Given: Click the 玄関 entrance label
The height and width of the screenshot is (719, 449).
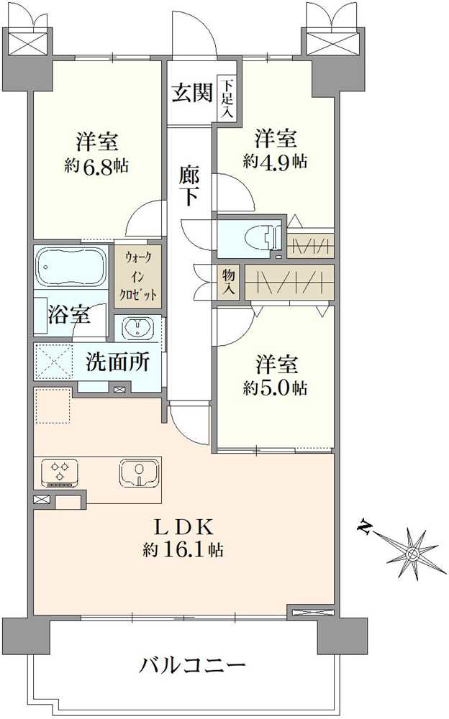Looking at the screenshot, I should (191, 93).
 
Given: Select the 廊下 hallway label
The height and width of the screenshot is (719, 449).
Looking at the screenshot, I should (189, 184).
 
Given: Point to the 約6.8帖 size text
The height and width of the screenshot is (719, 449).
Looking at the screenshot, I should (96, 165).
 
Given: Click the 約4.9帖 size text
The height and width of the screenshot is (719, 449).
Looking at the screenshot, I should (275, 161).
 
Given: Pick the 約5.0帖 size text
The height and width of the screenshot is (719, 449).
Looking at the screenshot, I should (275, 388).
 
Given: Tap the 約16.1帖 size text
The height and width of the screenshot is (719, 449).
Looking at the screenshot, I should (183, 550).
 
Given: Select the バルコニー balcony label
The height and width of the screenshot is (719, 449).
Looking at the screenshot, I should (192, 664).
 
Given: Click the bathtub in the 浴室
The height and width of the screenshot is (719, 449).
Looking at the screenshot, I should (71, 267).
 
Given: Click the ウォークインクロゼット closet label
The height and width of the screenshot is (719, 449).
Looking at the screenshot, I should (138, 277).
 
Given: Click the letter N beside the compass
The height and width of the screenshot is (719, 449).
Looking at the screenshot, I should (366, 530).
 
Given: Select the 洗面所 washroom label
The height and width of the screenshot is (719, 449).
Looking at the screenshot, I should (118, 362).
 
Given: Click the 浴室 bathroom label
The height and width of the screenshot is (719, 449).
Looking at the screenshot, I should (69, 315).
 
